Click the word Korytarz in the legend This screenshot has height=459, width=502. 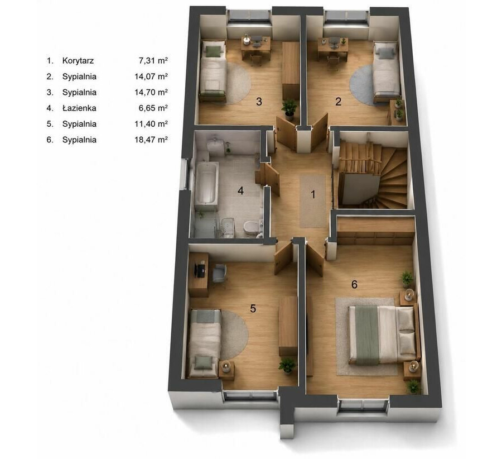(78, 60)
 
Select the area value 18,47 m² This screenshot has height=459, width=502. (151, 140)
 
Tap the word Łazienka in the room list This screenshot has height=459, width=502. (79, 108)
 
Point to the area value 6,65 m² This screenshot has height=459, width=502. (153, 108)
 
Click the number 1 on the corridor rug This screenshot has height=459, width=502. (313, 194)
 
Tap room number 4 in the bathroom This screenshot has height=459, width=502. (240, 191)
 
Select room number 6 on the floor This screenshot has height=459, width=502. (354, 284)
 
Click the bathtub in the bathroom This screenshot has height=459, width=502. (206, 183)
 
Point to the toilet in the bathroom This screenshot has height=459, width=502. (250, 228)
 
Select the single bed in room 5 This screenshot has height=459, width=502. (204, 343)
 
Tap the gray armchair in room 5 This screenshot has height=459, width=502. (220, 272)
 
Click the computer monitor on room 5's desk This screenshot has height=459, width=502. (201, 269)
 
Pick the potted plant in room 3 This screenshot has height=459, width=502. (289, 107)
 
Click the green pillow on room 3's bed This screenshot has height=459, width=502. (214, 51)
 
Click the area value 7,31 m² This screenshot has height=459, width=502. (153, 60)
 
